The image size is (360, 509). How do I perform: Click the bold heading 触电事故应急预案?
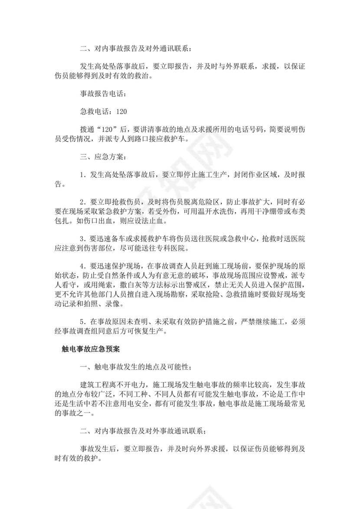pos(88,348)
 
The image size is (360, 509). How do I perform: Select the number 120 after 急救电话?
pos(121,112)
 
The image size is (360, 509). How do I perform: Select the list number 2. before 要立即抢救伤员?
pos(83,202)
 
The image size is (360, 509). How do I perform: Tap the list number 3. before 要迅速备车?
pos(83,240)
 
